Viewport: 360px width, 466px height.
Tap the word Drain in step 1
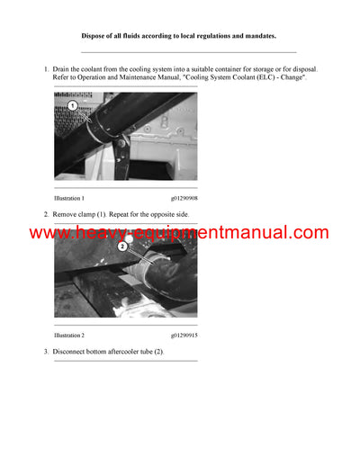[x=63, y=68]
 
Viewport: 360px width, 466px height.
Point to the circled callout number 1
[x=72, y=105]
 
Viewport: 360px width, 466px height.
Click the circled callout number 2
[x=121, y=245]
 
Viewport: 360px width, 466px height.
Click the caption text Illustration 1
[x=69, y=197]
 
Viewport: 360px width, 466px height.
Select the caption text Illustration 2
[x=69, y=334]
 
